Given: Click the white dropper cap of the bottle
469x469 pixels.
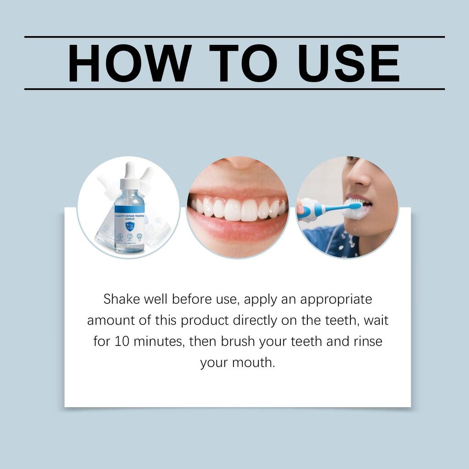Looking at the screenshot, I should click(x=129, y=174).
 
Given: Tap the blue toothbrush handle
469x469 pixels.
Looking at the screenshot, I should click(x=321, y=211).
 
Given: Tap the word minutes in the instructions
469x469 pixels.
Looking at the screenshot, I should click(x=158, y=342).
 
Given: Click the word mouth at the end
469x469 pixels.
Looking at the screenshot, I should click(x=254, y=363).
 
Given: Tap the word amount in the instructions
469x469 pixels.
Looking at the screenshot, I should click(x=110, y=320).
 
